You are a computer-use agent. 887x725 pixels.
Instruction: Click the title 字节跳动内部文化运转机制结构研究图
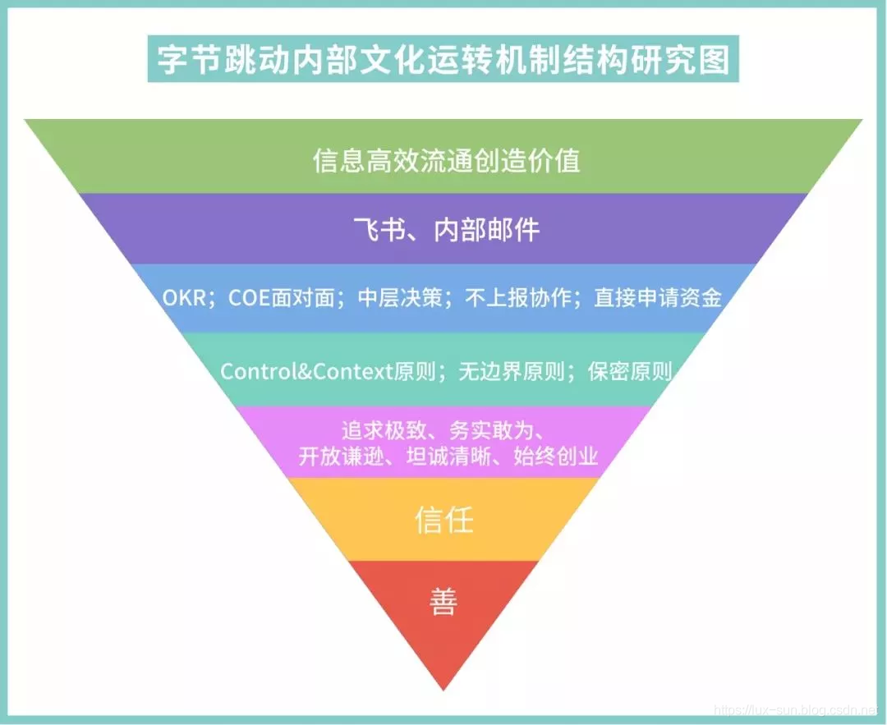tap(443, 61)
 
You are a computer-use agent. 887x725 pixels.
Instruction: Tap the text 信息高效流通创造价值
tap(446, 159)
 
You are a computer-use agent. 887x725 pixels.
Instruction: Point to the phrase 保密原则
tap(630, 371)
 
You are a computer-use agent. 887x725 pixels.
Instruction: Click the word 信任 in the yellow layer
tap(444, 521)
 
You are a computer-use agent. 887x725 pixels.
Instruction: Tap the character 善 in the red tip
tap(443, 602)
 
